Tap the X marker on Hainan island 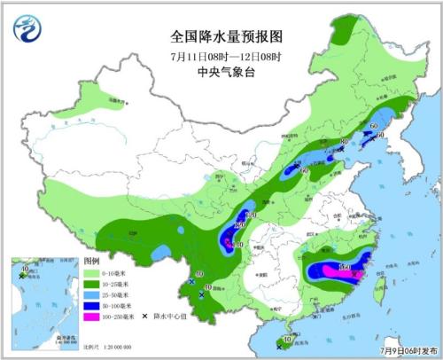pos(279,346)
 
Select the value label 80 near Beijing pos(344,143)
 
